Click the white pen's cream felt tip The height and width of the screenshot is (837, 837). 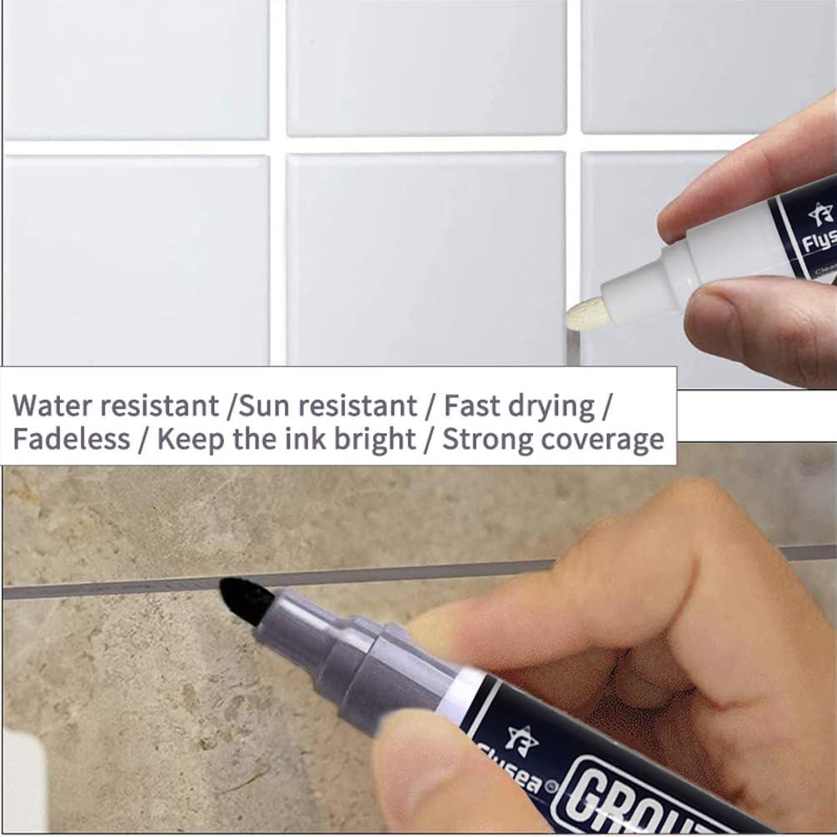pyautogui.click(x=583, y=313)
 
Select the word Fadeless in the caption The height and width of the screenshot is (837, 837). pyautogui.click(x=70, y=439)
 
